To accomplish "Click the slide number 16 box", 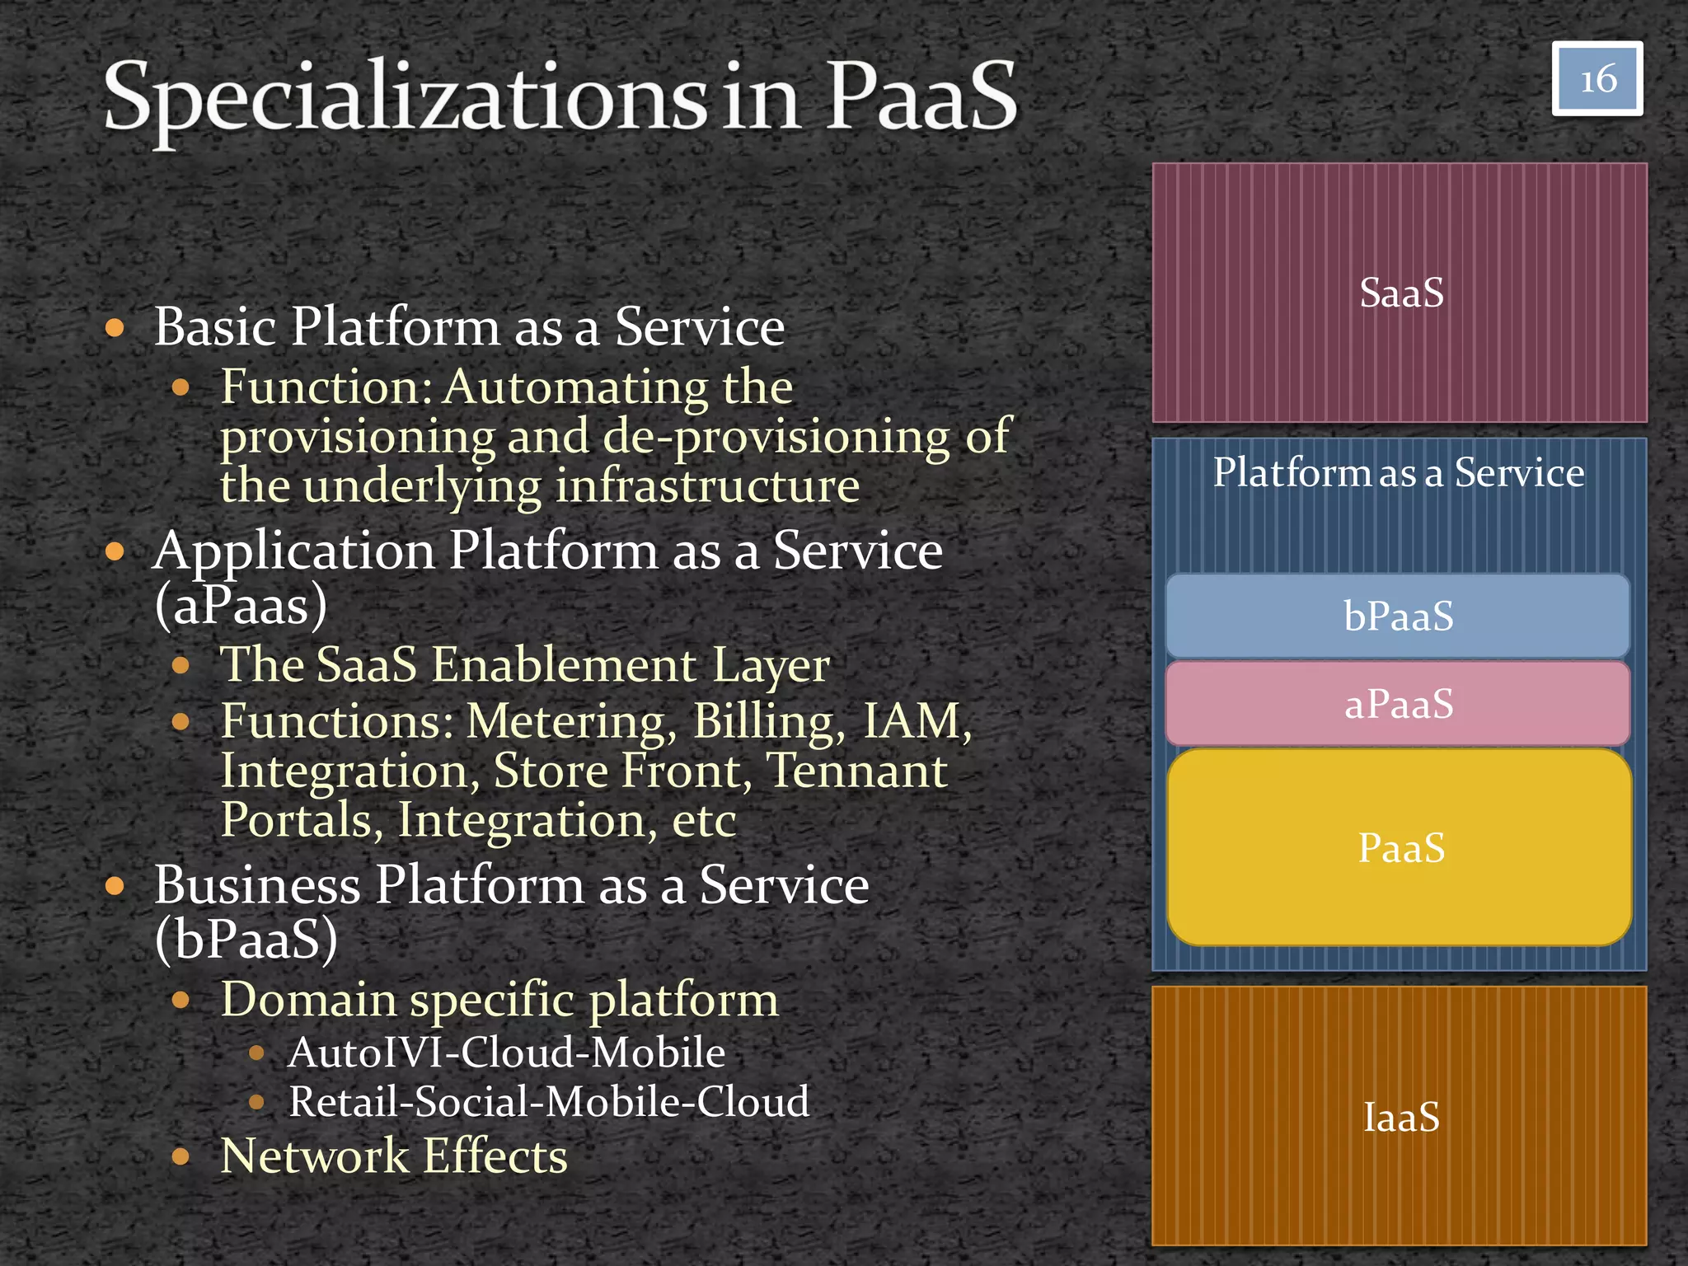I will [x=1597, y=79].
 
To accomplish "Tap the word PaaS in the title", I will [x=921, y=97].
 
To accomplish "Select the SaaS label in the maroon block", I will [x=1401, y=293].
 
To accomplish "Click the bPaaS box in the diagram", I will [x=1398, y=617].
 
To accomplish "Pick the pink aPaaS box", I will [x=1398, y=704].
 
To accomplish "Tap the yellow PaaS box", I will [x=1400, y=847].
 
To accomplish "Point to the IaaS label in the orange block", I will [x=1401, y=1118].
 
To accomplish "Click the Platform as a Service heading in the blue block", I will [x=1398, y=473].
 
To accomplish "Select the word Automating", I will [x=575, y=387].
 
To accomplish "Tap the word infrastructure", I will [x=707, y=486].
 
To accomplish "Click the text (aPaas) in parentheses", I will [x=241, y=606].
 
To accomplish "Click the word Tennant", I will [x=857, y=771].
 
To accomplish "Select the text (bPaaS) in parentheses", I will [x=246, y=940].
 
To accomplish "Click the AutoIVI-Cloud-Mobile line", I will [x=506, y=1053].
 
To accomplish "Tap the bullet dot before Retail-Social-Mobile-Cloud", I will [x=256, y=1102].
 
